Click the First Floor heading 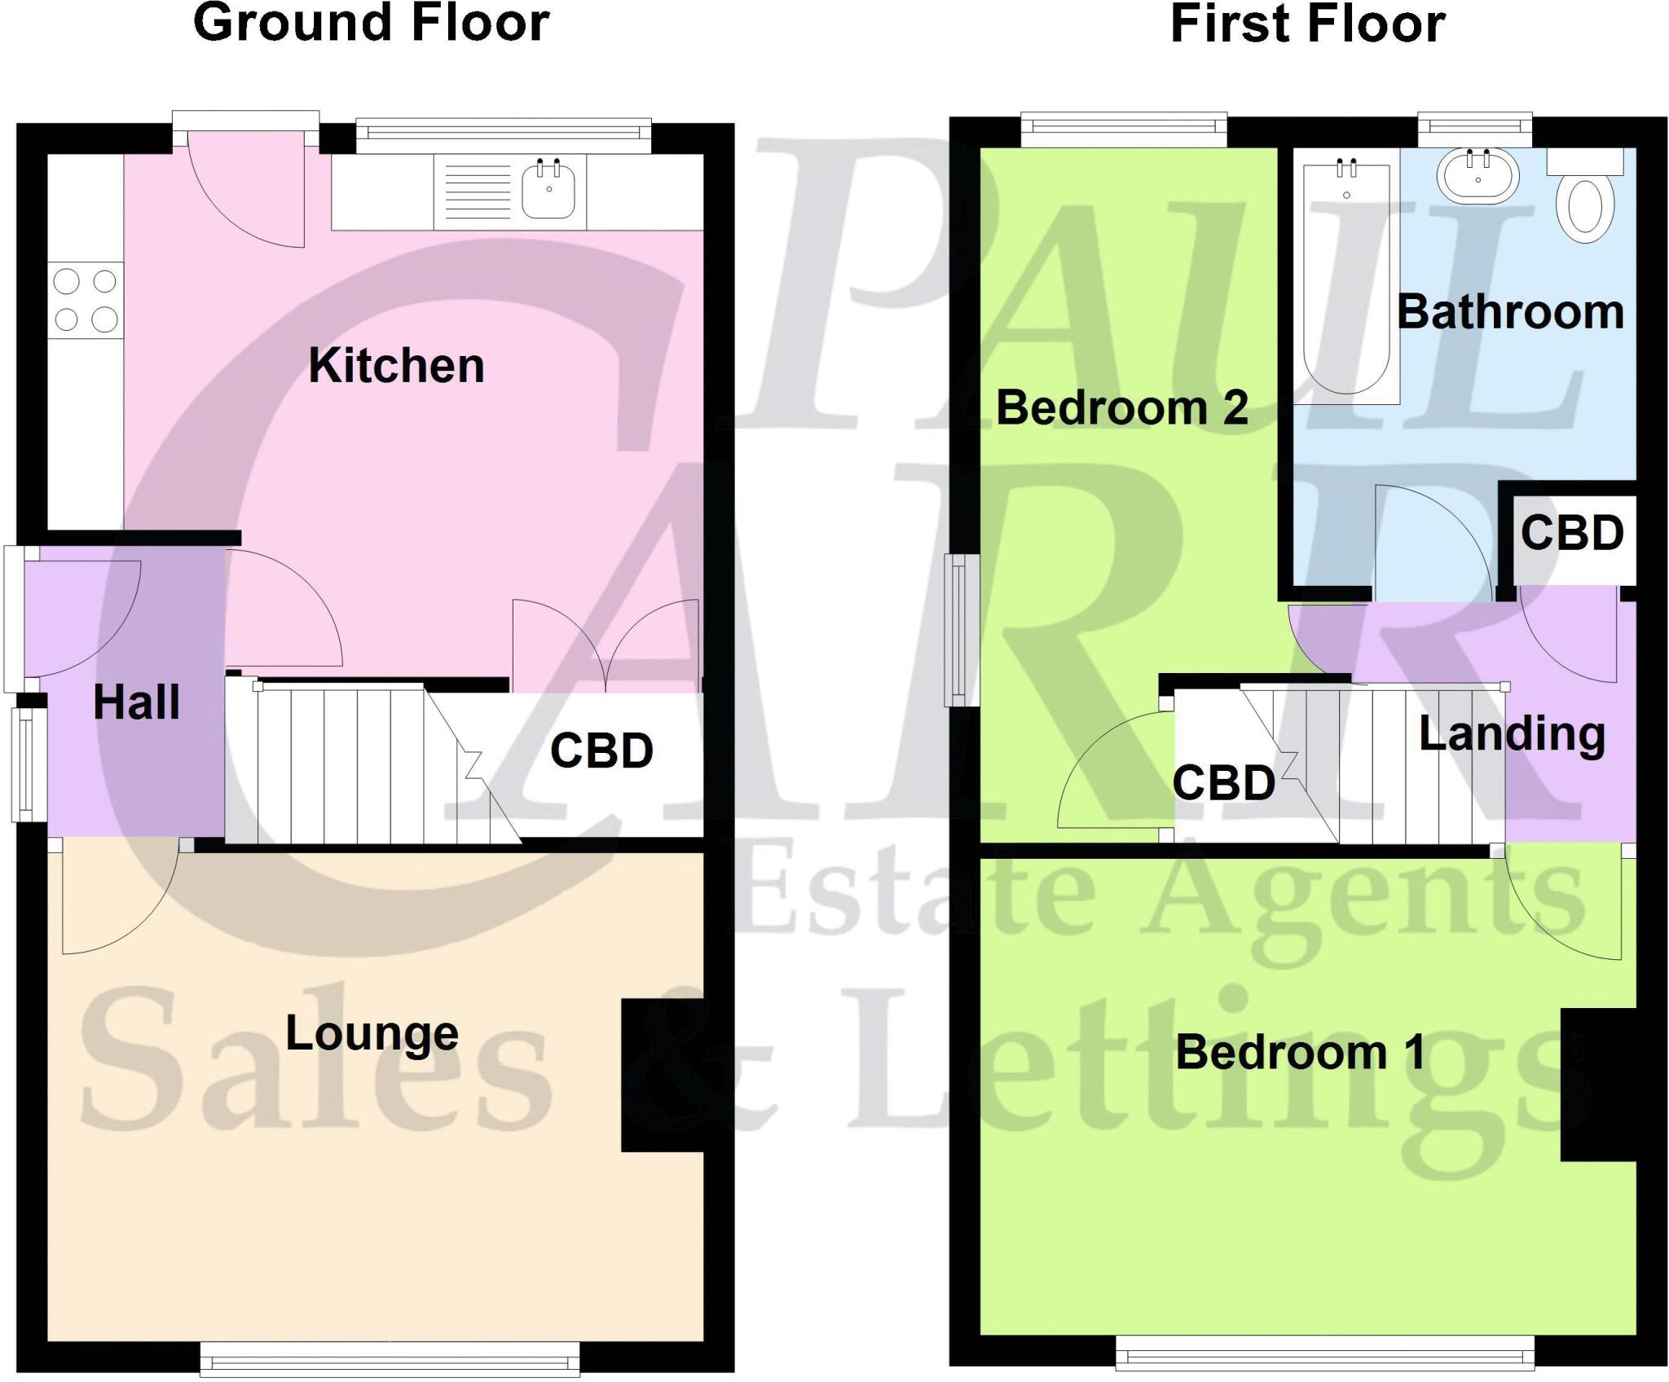(1307, 24)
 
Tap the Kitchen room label (396, 365)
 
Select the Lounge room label (372, 1033)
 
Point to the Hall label (136, 702)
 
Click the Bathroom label (1510, 312)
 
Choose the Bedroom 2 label (1121, 407)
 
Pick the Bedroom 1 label (1300, 1052)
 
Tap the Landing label (1512, 733)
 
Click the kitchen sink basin (548, 190)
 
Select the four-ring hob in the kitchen (86, 300)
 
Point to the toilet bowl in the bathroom (1585, 209)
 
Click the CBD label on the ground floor (601, 750)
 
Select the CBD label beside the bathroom (1572, 533)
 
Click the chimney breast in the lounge (662, 1075)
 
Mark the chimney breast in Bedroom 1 (1597, 1084)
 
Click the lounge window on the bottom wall (390, 1360)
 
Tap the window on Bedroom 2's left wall (962, 629)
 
